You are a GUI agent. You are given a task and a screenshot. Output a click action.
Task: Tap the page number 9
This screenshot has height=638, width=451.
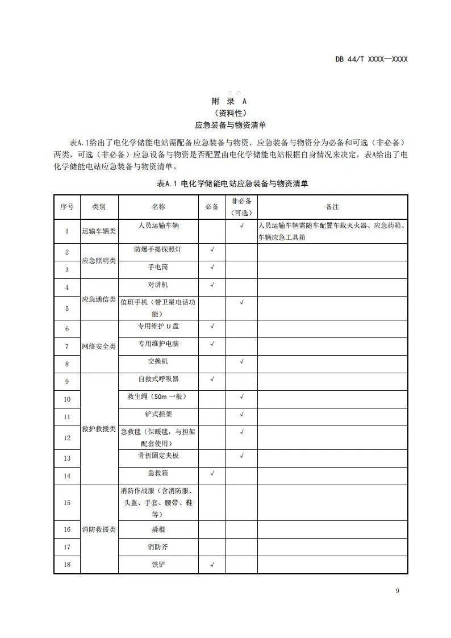click(x=398, y=591)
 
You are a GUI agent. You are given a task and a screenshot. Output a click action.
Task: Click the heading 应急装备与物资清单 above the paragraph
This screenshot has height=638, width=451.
click(x=231, y=124)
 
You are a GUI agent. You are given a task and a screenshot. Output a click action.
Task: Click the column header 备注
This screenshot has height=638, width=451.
click(x=332, y=207)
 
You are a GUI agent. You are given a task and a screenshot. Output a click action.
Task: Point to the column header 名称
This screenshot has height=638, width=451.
click(x=158, y=207)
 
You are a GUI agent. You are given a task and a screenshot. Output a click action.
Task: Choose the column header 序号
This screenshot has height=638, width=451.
click(x=67, y=207)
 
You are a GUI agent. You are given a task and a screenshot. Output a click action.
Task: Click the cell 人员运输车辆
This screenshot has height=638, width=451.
click(x=158, y=226)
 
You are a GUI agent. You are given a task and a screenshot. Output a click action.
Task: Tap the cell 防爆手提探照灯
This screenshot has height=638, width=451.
click(x=158, y=249)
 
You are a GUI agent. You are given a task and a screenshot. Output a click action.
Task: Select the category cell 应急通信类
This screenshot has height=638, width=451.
click(x=99, y=299)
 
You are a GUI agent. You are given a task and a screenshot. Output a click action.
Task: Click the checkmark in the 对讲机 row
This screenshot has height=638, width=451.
click(x=212, y=284)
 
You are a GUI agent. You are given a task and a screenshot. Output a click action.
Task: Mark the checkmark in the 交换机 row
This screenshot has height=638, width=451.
click(x=241, y=361)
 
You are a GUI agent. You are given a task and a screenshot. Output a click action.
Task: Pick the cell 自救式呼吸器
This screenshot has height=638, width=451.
click(x=158, y=379)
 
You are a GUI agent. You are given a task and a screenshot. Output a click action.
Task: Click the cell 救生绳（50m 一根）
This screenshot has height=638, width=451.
click(x=158, y=397)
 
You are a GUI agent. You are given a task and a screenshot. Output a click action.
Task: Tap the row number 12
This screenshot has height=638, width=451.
click(x=67, y=438)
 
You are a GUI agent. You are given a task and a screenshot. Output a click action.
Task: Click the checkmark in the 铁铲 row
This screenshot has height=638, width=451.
click(x=212, y=565)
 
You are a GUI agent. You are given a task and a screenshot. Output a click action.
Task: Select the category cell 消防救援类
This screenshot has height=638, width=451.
click(x=99, y=529)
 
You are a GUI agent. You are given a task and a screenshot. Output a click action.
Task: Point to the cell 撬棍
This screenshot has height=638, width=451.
click(x=158, y=529)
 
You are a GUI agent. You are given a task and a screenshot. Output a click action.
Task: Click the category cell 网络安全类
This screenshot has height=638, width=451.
click(x=99, y=347)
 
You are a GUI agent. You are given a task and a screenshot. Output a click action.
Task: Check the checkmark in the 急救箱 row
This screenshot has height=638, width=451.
click(x=212, y=473)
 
